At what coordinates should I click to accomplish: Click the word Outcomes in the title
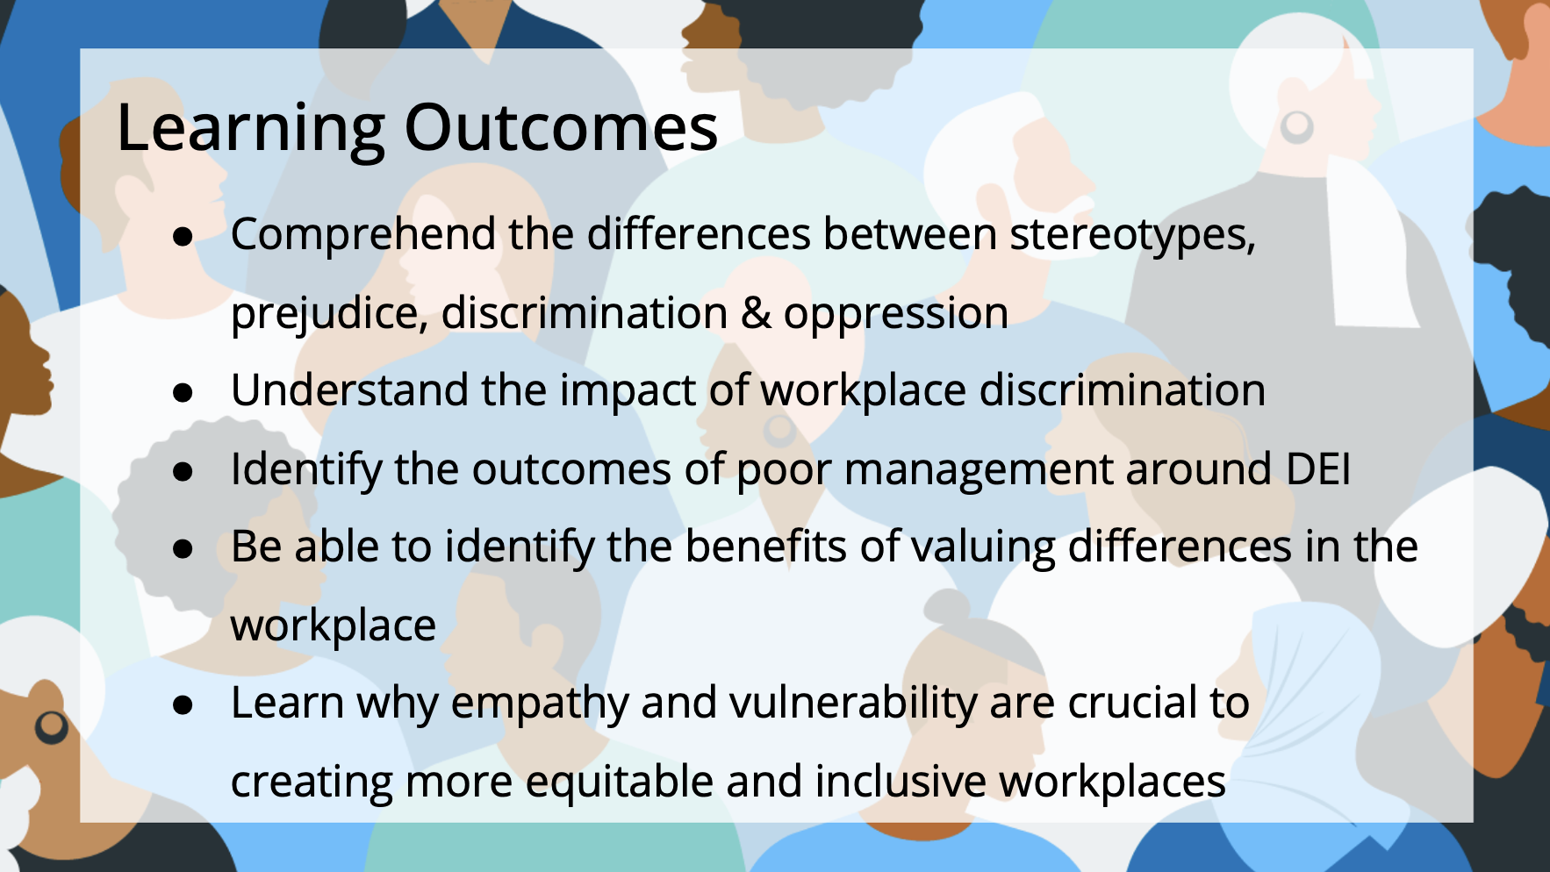561,128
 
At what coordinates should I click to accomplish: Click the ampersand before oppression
756,313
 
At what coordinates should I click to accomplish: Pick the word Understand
349,390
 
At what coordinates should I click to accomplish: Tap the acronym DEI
1318,469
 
